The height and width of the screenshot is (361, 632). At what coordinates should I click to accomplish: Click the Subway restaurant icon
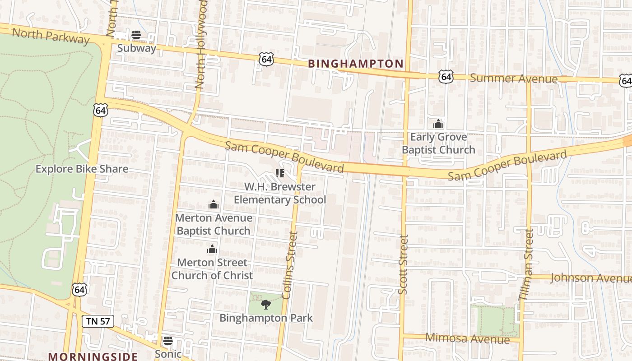coord(136,35)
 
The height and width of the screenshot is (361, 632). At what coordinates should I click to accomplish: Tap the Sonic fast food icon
coord(168,341)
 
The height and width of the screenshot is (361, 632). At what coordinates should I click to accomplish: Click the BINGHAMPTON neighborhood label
coord(356,64)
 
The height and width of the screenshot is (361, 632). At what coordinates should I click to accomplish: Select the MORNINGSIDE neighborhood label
coord(93,356)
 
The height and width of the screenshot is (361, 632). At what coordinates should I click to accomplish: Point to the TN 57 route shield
coord(98,321)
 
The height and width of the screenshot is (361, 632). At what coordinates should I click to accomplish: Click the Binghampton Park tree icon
coord(266,305)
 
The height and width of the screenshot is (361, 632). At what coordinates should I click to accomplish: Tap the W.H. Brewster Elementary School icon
coord(279,173)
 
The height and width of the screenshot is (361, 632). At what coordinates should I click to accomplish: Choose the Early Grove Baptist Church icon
coord(438,124)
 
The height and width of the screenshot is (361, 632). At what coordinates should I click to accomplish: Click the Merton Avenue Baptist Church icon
coord(214,205)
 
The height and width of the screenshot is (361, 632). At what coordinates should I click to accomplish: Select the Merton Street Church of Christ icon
coord(212,249)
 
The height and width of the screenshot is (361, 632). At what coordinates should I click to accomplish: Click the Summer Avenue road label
coord(514,79)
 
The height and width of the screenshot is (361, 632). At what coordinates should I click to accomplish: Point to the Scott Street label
coord(404,264)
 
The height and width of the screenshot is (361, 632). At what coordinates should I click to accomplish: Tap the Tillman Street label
coord(526,264)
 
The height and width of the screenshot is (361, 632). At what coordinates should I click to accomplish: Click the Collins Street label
coord(290,265)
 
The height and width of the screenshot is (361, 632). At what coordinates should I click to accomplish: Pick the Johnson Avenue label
coord(590,278)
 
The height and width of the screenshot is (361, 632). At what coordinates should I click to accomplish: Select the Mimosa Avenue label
coord(467,338)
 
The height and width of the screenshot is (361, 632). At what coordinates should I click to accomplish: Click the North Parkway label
coord(51,36)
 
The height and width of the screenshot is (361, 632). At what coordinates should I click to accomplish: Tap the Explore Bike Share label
coord(82,169)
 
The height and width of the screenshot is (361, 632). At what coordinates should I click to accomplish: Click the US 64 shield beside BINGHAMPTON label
coord(266,59)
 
